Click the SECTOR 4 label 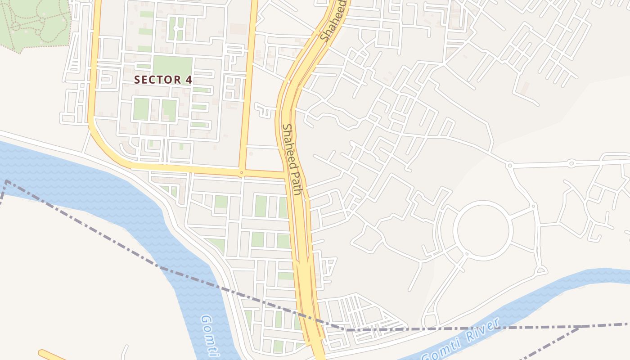pos(163,80)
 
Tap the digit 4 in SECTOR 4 pos(189,80)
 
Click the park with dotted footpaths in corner pos(34,22)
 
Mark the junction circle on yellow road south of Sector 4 pos(242,172)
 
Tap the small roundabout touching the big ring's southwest pos(466,254)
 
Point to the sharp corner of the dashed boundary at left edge pos(6,181)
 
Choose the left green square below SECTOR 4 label pos(141,109)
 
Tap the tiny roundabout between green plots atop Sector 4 pos(176,28)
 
